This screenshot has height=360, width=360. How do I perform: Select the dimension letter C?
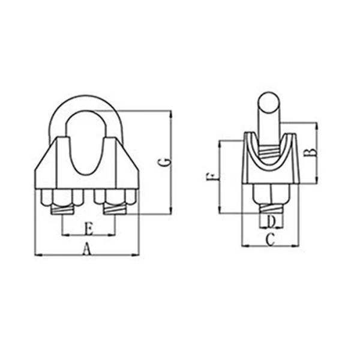coord(270,240)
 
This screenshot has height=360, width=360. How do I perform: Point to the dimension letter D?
coord(271,221)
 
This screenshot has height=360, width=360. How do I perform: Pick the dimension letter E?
coord(88,228)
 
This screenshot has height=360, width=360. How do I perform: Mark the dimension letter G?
coord(163,162)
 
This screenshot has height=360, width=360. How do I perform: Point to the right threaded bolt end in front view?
coord(114,209)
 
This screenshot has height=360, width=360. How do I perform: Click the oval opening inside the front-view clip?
coord(87,144)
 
